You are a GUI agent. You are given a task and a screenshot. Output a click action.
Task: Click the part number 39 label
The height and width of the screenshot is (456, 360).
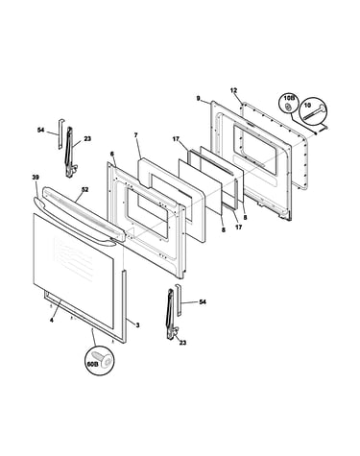[x=35, y=178]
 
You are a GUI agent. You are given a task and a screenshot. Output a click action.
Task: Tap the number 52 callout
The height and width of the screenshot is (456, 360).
[x=84, y=189]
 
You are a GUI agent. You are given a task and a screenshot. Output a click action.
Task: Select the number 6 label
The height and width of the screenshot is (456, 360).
[x=112, y=154]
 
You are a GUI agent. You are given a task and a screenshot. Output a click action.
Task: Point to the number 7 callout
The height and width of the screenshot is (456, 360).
[x=135, y=135]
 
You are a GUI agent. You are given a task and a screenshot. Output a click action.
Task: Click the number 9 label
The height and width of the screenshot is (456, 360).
[x=199, y=98]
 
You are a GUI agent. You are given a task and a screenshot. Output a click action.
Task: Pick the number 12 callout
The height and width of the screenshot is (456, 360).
[x=233, y=90]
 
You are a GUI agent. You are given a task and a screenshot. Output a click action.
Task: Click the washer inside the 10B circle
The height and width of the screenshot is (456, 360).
[x=288, y=107]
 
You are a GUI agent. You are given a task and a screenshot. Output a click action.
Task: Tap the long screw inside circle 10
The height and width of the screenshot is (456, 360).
[x=314, y=112]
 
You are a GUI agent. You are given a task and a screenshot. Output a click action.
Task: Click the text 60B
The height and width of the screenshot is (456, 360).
[x=91, y=364]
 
